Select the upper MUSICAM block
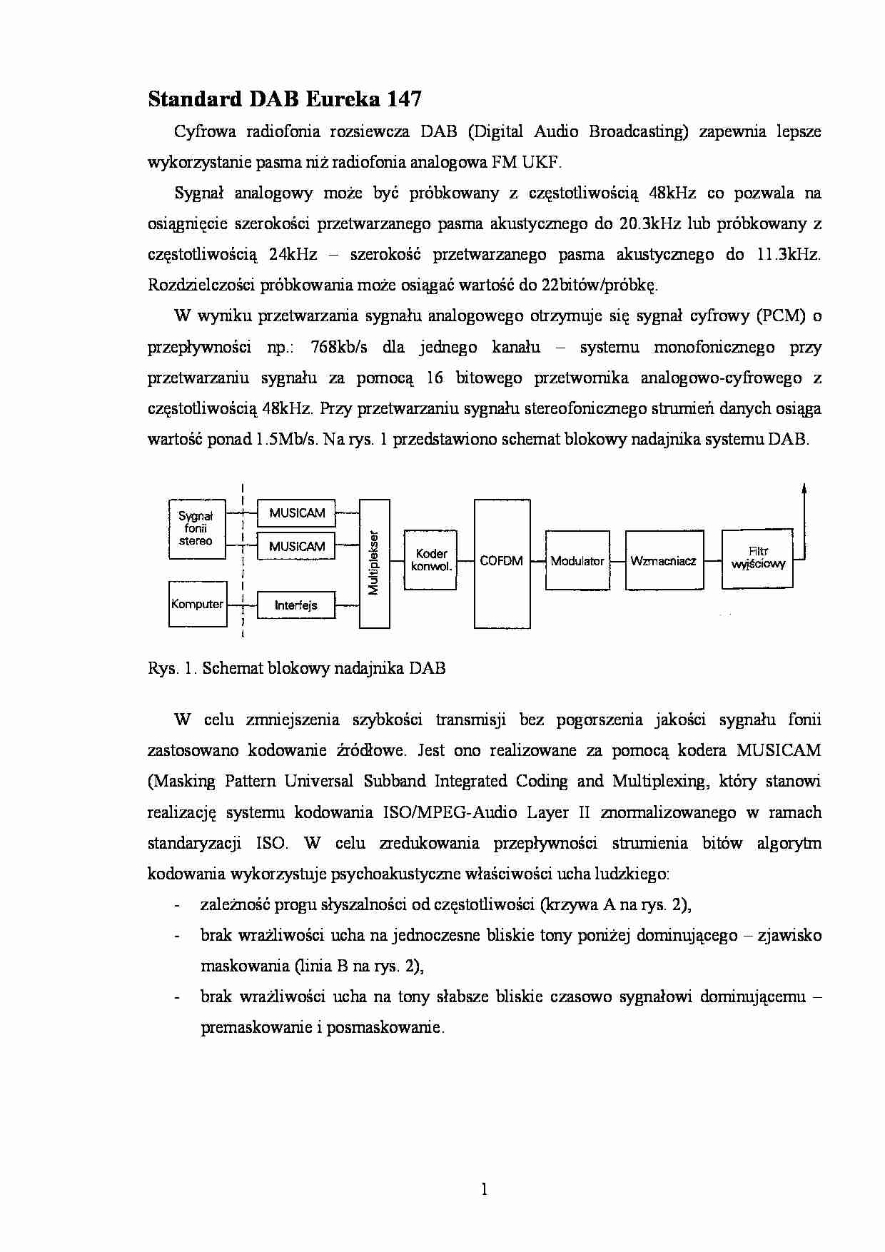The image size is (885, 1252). pyautogui.click(x=296, y=513)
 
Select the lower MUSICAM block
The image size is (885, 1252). pyautogui.click(x=296, y=547)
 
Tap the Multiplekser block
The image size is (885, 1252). pyautogui.click(x=374, y=563)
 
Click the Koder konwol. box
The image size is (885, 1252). pyautogui.click(x=430, y=560)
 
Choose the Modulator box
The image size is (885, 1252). pyautogui.click(x=577, y=560)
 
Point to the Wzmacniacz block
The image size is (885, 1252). pyautogui.click(x=664, y=560)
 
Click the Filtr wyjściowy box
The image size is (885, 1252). pyautogui.click(x=757, y=559)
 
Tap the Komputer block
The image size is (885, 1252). pyautogui.click(x=198, y=604)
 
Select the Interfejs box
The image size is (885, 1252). pyautogui.click(x=296, y=605)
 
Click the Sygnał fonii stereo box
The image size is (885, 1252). pyautogui.click(x=196, y=528)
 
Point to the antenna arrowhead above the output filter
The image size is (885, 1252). pyautogui.click(x=804, y=489)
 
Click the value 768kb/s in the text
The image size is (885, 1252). pyautogui.click(x=339, y=348)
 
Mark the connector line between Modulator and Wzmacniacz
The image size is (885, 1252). pyautogui.click(x=617, y=560)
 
